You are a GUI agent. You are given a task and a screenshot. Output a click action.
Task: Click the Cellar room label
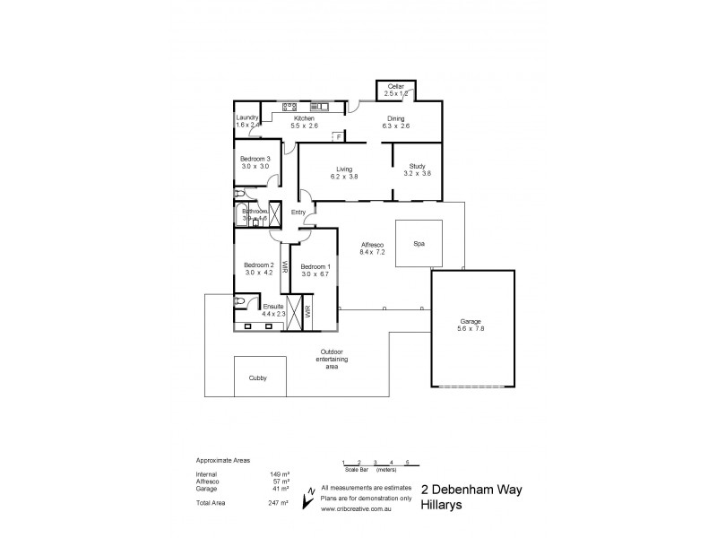395,86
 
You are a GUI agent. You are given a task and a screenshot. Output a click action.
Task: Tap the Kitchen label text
305,118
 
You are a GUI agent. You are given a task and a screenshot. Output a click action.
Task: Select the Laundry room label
247,117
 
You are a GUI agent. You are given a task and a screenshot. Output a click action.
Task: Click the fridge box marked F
338,136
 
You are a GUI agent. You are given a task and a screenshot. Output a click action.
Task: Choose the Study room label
417,166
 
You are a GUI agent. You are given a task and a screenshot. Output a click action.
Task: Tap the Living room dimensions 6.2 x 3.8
343,177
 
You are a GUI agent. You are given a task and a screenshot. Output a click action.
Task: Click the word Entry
298,213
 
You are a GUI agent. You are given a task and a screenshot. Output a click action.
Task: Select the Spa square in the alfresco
418,243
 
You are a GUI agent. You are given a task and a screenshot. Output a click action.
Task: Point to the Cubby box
258,377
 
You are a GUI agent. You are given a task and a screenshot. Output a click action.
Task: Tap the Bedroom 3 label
255,159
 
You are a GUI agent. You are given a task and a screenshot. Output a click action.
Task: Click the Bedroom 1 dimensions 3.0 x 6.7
315,273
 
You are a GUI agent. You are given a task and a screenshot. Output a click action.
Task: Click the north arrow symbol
309,492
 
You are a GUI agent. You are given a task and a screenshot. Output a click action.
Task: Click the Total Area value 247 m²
278,504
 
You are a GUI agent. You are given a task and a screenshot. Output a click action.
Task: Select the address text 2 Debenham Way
471,490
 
